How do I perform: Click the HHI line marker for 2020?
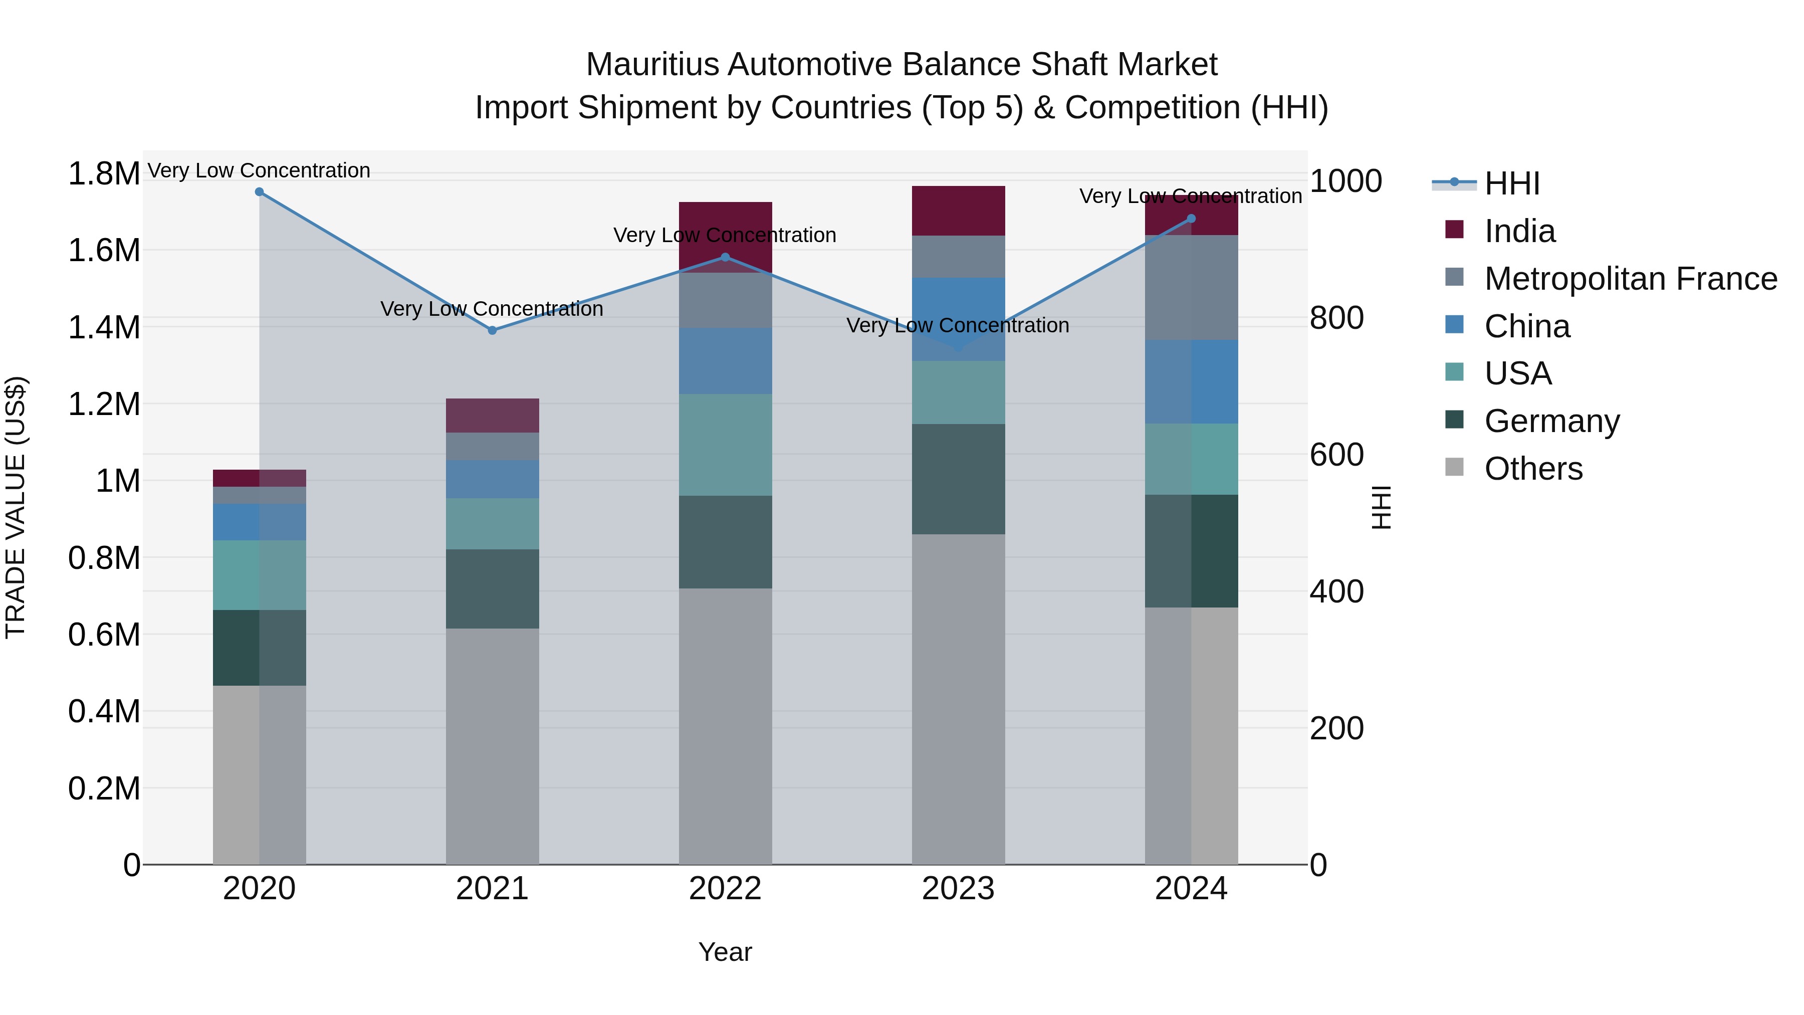[x=259, y=192]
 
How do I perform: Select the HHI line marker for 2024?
[x=1191, y=219]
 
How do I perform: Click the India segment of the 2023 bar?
[x=958, y=211]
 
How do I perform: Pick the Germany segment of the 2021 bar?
[x=492, y=588]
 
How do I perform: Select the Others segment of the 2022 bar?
[x=726, y=726]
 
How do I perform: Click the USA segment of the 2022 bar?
[x=726, y=445]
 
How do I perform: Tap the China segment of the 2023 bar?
[x=958, y=308]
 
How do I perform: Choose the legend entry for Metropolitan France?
[x=1630, y=279]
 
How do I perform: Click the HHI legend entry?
[x=1511, y=183]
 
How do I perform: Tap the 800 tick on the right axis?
[x=1336, y=318]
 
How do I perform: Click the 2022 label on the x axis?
[x=726, y=889]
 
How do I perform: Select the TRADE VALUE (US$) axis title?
[x=16, y=507]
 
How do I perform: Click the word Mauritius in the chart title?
[x=652, y=65]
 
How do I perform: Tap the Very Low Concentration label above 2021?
[x=492, y=309]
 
